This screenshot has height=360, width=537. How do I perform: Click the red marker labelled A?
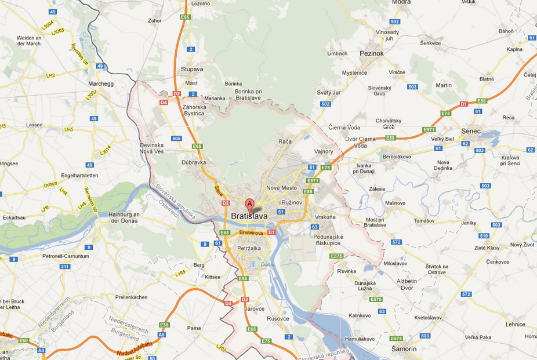[x=250, y=204]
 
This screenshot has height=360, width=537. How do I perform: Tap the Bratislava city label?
[x=249, y=217]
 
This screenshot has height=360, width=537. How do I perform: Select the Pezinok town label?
[x=372, y=53]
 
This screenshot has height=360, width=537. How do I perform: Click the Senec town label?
[x=471, y=131]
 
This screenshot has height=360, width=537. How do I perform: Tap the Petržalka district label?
[x=249, y=248]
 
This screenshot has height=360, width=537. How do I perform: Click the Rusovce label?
[x=278, y=318]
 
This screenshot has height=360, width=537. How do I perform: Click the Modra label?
[x=401, y=2]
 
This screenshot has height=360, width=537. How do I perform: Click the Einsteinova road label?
[x=252, y=233]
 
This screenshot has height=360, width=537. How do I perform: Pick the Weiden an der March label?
[x=28, y=41]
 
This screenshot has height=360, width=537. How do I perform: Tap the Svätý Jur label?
[x=328, y=92]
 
